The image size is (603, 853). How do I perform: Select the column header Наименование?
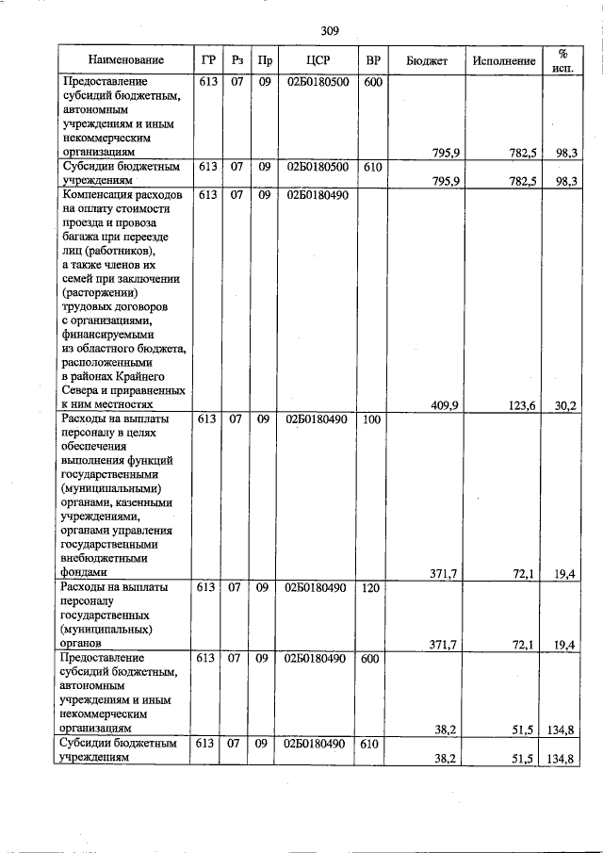click(125, 60)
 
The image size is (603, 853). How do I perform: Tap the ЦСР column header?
click(316, 60)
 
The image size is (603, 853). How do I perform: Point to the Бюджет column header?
click(426, 60)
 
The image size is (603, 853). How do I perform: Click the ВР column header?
click(372, 60)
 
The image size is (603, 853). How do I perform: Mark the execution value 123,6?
click(520, 405)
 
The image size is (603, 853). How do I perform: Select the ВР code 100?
click(372, 419)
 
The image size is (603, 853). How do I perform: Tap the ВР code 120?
click(372, 588)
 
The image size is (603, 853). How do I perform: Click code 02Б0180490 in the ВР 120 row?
click(316, 588)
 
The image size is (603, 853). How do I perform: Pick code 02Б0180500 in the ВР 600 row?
click(316, 83)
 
